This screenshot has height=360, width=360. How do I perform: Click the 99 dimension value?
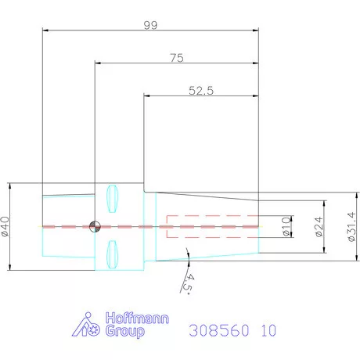150,25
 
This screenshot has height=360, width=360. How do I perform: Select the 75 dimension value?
177,58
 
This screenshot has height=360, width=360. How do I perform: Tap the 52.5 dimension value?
201,91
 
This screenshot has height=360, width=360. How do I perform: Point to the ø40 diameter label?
5,226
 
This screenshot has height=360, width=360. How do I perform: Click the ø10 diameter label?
286,226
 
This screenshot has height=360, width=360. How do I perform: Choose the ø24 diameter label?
319,227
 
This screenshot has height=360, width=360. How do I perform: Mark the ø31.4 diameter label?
352,227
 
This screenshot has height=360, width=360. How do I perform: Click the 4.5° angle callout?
189,284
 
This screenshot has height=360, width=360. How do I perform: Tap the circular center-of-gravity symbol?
95,226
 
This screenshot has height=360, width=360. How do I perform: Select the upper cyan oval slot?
113,199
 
